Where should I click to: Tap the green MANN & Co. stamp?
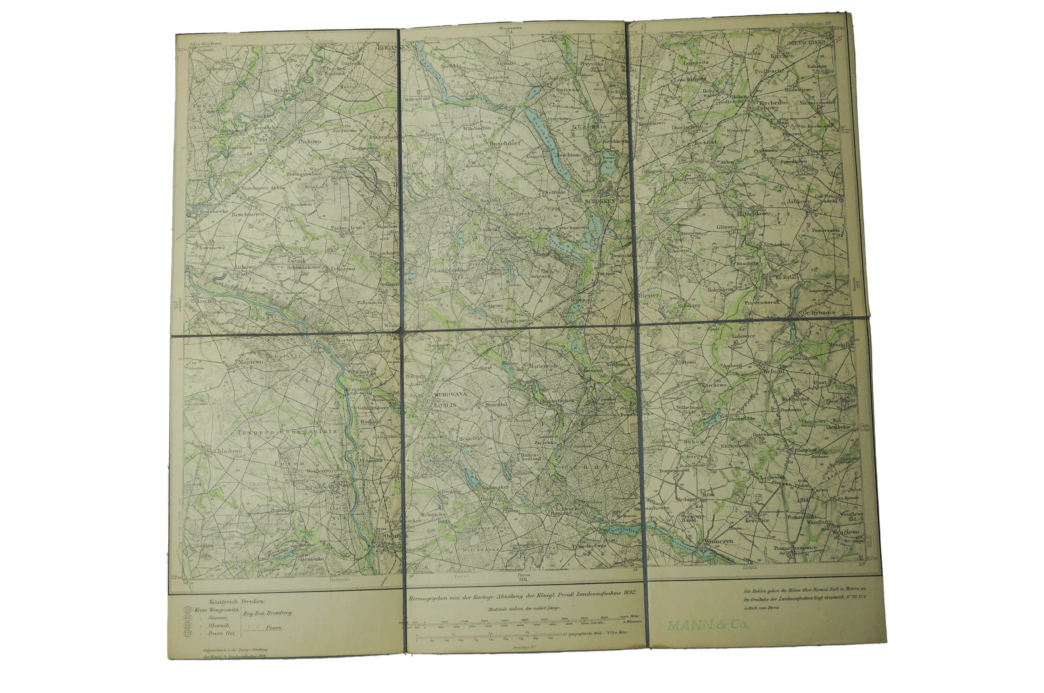[707, 625]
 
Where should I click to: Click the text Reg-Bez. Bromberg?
[268, 613]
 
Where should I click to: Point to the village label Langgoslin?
[449, 270]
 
